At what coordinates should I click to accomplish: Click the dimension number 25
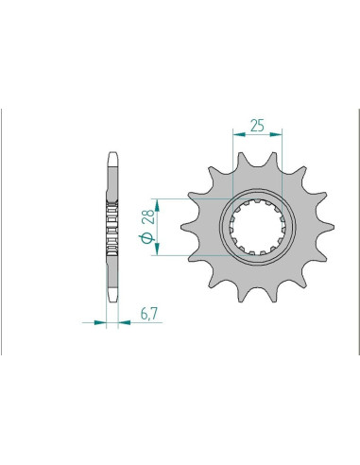[257, 126]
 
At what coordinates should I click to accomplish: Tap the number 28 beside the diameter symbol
[148, 216]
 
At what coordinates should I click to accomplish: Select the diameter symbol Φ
[146, 238]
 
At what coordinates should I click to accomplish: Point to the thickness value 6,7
[149, 314]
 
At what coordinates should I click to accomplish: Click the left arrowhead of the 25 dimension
[239, 134]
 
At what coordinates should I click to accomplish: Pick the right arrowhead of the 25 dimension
[276, 134]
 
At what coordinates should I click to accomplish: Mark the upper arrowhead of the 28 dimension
[157, 205]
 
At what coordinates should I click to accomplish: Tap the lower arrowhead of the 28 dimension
[157, 249]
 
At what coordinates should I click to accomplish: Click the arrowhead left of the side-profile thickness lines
[100, 322]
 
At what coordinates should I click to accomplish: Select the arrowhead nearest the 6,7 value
[125, 322]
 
